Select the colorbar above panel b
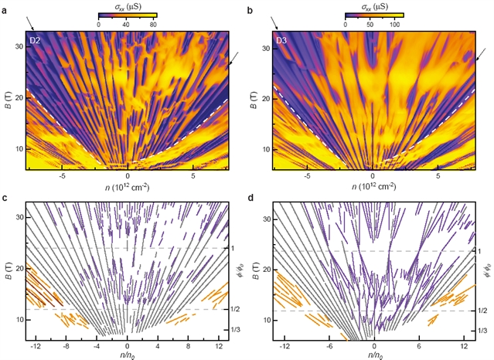point(374,15)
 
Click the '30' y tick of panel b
point(264,48)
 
